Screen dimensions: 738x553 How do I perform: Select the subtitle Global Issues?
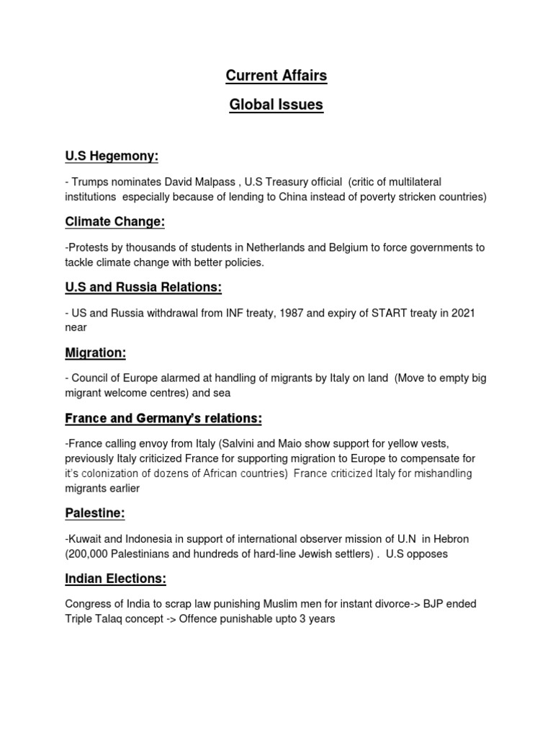276,105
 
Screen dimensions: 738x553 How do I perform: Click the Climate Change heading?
115,222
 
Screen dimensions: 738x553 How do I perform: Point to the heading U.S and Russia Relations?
143,288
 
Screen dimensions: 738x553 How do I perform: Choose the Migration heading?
95,353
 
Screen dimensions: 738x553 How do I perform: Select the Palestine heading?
95,514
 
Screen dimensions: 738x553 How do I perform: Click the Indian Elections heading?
116,579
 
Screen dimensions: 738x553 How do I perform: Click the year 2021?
459,312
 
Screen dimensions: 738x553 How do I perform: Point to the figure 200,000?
90,553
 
